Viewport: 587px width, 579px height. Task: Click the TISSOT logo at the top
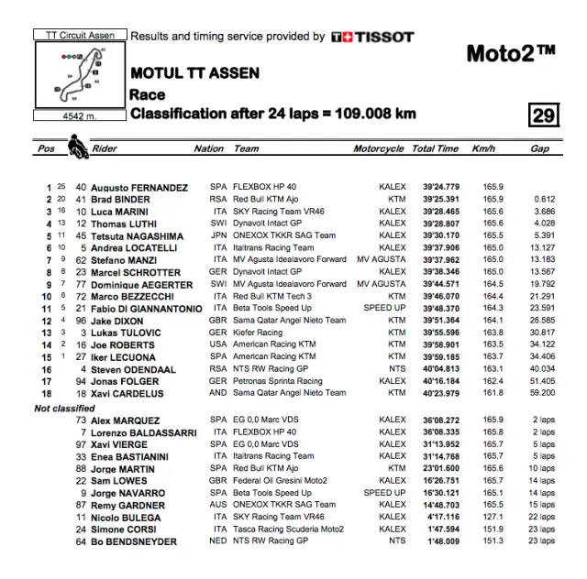pos(372,38)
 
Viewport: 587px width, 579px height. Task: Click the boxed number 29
pos(543,115)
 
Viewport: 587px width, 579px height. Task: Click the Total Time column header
pos(435,148)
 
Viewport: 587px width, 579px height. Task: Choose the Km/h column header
pos(483,148)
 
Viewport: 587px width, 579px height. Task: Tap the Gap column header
pos(539,148)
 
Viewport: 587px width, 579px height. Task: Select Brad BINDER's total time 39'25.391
pos(436,199)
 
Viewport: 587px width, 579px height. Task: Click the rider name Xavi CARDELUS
pos(127,393)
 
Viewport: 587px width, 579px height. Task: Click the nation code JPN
pos(218,235)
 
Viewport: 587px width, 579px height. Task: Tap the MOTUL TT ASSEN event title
pos(194,73)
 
